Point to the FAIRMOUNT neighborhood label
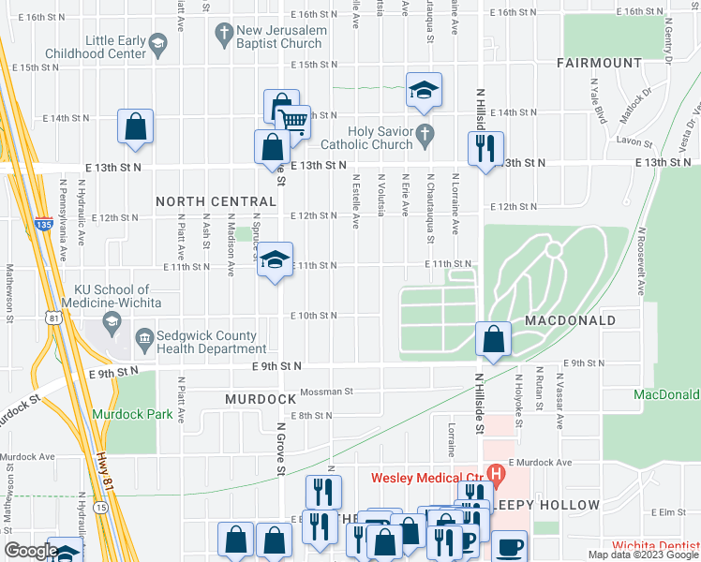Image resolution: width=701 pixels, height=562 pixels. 597,64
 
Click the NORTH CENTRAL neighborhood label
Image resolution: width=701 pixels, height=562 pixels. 216,201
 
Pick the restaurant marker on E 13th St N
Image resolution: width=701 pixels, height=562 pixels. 485,148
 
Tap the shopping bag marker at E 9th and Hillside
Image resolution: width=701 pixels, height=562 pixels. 493,339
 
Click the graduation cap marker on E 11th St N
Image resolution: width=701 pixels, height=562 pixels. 275,260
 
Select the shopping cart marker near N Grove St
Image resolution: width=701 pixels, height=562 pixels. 293,121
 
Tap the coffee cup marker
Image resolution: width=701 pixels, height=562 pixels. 510,546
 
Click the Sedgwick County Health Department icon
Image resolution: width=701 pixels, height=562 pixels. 144,337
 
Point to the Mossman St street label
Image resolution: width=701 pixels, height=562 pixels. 326,392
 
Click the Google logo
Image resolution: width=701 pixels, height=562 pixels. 30,551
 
